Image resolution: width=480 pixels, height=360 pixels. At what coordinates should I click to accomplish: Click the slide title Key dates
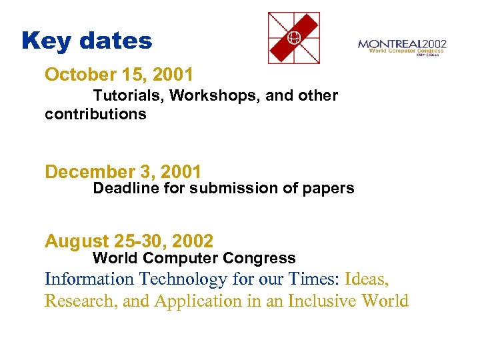click(x=87, y=41)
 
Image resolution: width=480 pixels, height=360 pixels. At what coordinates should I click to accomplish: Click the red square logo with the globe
click(x=293, y=38)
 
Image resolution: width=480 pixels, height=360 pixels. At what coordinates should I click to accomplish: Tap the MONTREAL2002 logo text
click(x=402, y=44)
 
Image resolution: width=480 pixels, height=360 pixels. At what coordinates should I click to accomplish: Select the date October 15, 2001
click(x=119, y=74)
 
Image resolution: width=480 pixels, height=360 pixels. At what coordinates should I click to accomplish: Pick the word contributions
click(x=95, y=114)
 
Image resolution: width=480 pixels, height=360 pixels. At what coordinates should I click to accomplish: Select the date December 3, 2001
click(x=123, y=172)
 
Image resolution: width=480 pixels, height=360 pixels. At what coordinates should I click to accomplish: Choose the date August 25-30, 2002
click(x=129, y=241)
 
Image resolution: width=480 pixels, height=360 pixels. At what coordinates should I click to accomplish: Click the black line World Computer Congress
click(x=194, y=258)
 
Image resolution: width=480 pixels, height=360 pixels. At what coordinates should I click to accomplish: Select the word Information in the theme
click(x=89, y=279)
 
